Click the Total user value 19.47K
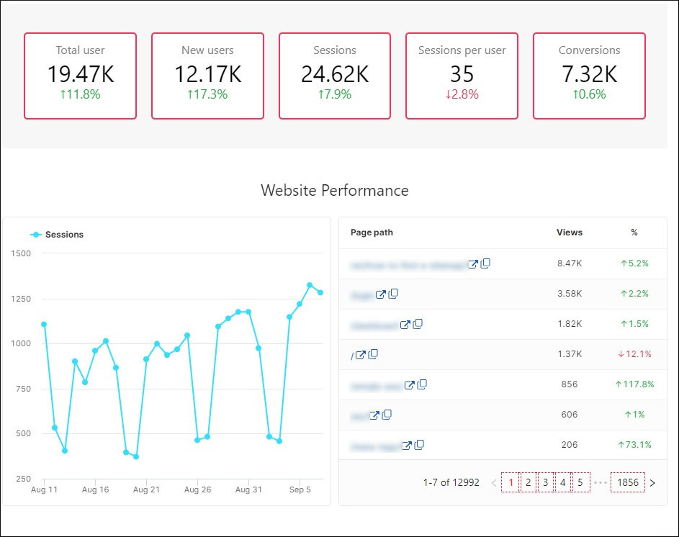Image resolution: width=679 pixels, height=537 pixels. point(80,74)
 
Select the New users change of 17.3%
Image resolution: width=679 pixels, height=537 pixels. point(207,94)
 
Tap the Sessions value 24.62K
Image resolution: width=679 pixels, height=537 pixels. point(335,74)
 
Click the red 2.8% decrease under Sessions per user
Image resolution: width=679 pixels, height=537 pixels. point(462,94)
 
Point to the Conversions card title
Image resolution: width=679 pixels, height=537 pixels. point(589,50)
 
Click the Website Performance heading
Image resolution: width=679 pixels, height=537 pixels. point(335,191)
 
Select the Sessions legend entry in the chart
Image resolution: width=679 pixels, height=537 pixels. point(58,235)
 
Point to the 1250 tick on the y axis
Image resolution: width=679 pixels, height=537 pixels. point(21,299)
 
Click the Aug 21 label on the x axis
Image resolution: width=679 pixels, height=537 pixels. point(146,490)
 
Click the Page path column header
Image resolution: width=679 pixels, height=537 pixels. point(372,233)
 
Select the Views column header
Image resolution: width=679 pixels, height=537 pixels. point(570,233)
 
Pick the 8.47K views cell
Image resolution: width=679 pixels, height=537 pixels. point(570,263)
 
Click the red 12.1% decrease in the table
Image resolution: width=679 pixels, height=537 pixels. point(634,354)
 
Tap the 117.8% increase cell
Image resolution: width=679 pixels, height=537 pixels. point(634,384)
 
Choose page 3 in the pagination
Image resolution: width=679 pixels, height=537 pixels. point(546,483)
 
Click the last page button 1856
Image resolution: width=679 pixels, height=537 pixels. point(628,483)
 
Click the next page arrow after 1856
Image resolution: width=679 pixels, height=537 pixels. point(652,483)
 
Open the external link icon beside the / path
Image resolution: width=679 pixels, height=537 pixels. point(361,355)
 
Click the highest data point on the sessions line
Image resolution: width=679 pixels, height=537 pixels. point(310,285)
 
